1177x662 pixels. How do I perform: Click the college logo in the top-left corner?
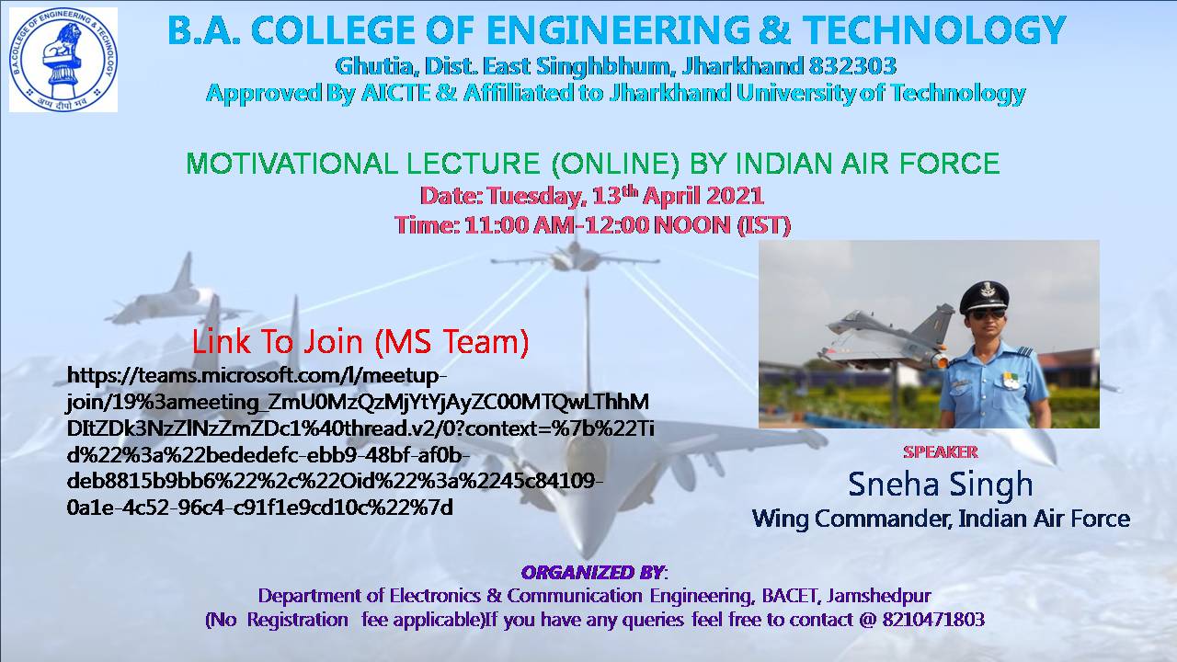(x=63, y=60)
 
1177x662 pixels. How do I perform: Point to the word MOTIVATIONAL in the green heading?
(x=292, y=163)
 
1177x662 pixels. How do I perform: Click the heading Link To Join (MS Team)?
(x=360, y=341)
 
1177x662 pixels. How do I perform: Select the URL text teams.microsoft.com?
(x=240, y=376)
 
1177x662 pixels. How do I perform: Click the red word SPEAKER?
(x=941, y=451)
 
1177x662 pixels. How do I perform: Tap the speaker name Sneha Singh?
(x=941, y=485)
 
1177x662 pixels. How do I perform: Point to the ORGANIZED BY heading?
(x=593, y=572)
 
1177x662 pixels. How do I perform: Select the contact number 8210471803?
(x=933, y=620)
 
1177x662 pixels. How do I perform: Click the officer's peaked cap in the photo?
(x=984, y=296)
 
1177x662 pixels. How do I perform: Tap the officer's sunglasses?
(x=987, y=314)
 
